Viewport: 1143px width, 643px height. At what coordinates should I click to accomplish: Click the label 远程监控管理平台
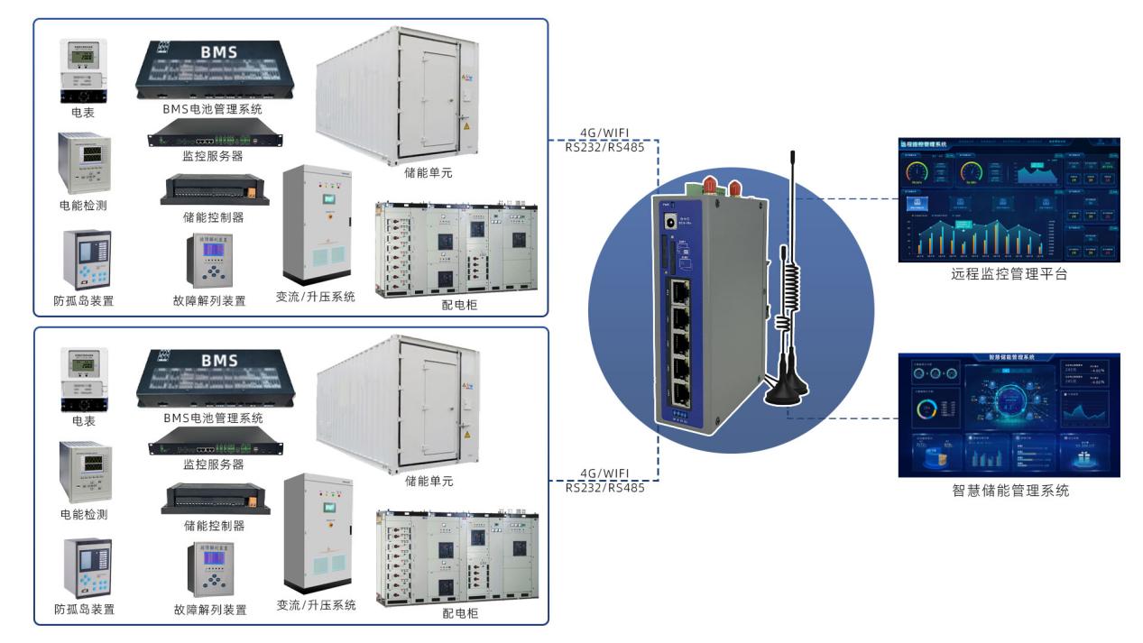(1009, 275)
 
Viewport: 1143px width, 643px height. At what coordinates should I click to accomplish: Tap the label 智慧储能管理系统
(1009, 491)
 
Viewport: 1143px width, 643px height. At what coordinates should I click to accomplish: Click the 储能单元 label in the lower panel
(429, 481)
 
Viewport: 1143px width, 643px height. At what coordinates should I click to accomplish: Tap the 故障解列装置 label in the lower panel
(209, 610)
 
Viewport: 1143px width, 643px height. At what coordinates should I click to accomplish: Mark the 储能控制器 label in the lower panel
(213, 525)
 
